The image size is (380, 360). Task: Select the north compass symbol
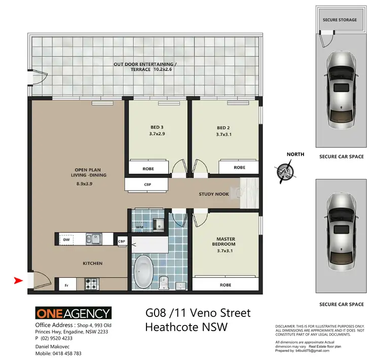pos(285,171)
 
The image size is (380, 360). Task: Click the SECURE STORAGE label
pos(339,20)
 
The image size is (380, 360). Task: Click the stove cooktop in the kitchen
pos(91,282)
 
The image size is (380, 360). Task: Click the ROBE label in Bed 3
pos(148,168)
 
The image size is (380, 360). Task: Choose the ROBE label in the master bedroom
pos(225,285)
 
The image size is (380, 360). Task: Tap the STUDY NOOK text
pos(214,194)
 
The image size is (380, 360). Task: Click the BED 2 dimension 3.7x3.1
pos(224,134)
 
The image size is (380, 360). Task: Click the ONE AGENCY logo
pos(72,313)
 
